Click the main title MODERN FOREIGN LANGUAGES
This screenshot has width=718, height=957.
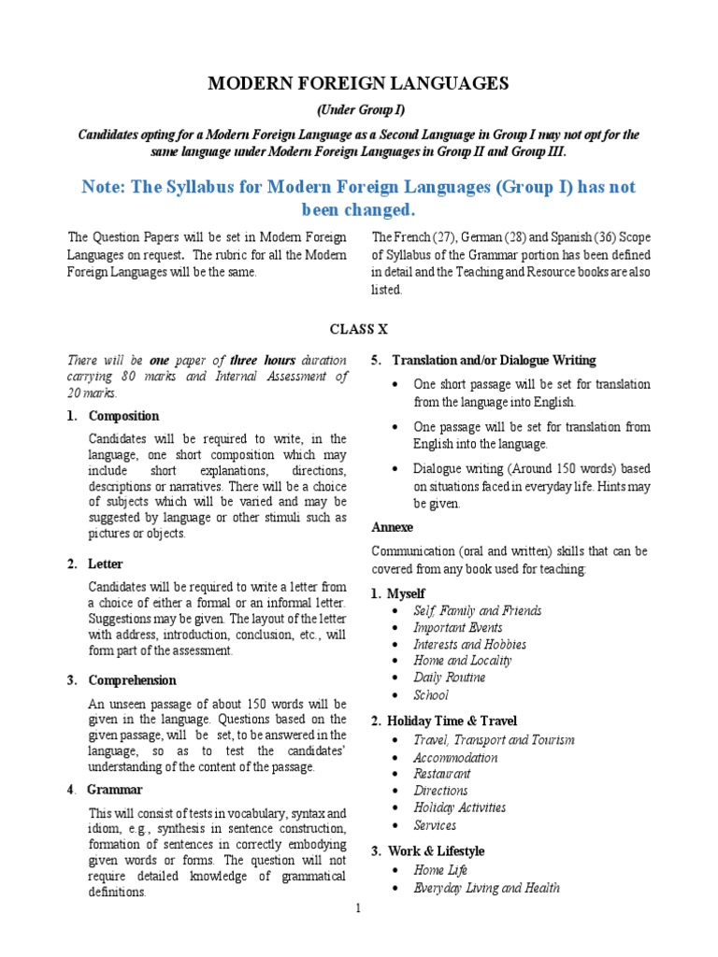click(358, 84)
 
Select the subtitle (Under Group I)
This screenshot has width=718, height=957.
click(358, 110)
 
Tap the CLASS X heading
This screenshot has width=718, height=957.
click(358, 329)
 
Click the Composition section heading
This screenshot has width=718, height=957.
click(123, 416)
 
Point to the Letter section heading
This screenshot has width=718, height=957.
click(106, 564)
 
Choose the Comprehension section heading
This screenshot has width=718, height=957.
click(132, 679)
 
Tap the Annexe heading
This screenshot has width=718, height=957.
click(392, 526)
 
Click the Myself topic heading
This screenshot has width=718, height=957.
click(406, 593)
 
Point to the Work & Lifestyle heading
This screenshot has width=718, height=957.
click(436, 851)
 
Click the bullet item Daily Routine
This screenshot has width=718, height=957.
click(450, 678)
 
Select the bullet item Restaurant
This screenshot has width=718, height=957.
click(442, 774)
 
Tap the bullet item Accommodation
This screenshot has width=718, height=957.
click(455, 757)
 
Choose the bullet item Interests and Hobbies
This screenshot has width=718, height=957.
click(469, 644)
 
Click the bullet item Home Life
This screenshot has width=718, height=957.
click(440, 870)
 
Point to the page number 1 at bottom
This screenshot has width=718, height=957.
click(358, 907)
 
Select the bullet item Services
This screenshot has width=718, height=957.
click(435, 825)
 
